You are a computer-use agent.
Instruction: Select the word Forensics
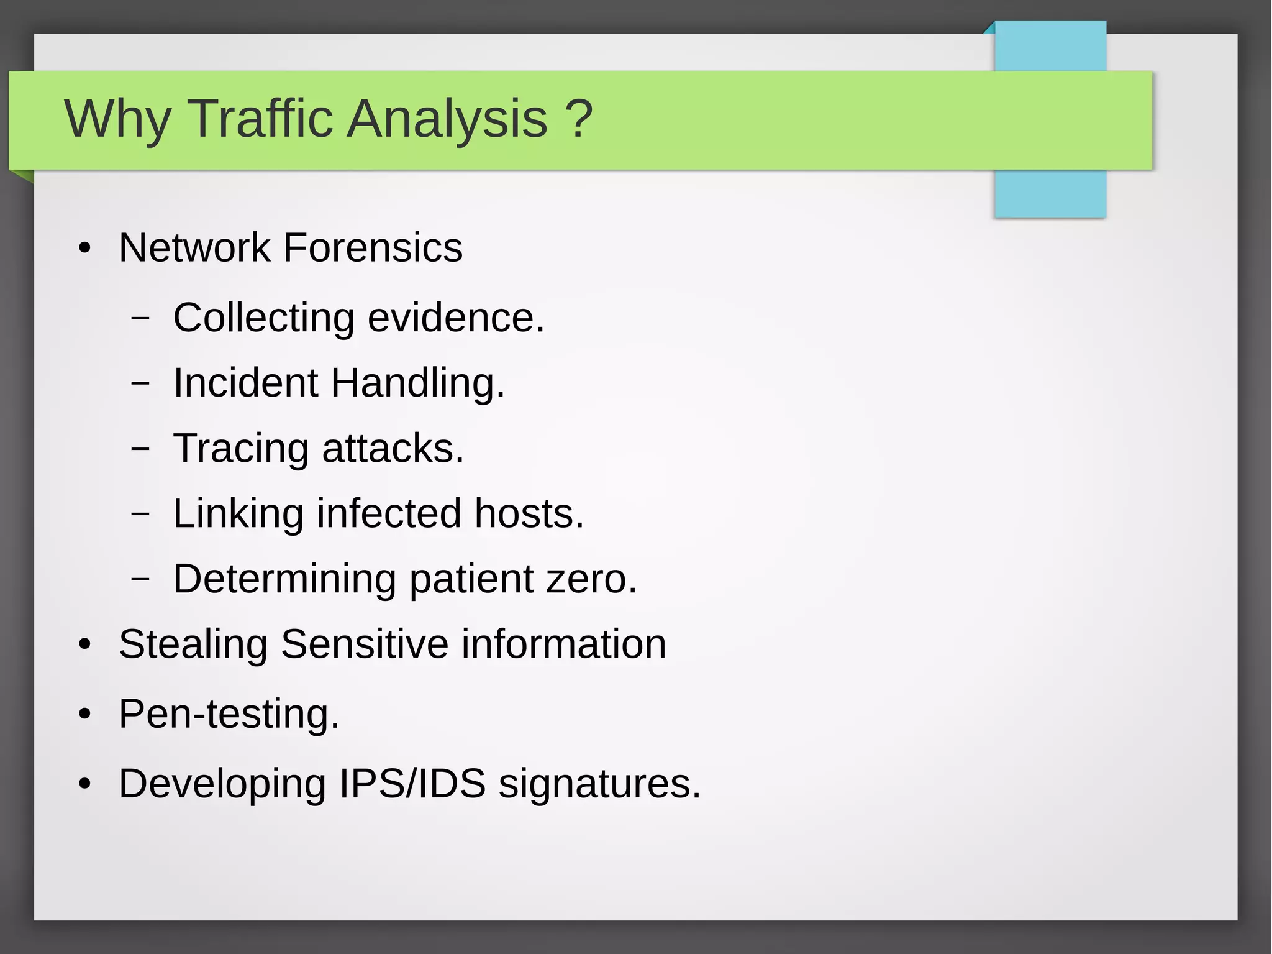pos(373,247)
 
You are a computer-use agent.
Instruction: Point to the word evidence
pos(456,318)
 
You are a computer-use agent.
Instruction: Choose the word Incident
pos(245,382)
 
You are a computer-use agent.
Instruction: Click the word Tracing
pos(241,449)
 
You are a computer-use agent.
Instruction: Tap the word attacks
pos(393,449)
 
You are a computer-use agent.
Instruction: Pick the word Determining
pos(284,579)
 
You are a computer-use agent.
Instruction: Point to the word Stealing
pos(193,644)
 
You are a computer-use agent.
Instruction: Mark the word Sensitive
pos(365,644)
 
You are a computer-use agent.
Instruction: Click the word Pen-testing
pos(229,713)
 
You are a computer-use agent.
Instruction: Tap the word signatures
pos(599,784)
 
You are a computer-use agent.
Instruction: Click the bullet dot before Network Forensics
pos(85,249)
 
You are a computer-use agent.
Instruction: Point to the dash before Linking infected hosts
pos(141,514)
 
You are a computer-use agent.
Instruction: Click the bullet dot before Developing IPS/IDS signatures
pos(85,784)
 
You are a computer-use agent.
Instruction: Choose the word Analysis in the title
pos(447,119)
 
